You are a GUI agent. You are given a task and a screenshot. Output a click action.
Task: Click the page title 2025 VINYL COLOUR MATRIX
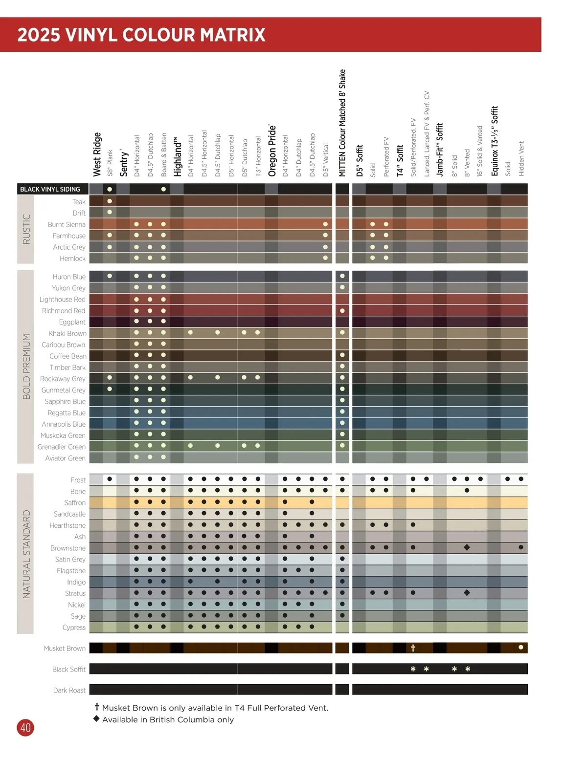pos(141,35)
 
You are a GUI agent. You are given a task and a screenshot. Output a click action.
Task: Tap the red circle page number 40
pos(25,728)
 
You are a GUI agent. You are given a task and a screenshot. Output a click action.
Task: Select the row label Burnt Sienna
pos(67,224)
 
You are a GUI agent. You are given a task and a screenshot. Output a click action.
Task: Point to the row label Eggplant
pos(72,322)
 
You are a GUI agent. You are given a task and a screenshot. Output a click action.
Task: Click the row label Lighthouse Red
pos(63,299)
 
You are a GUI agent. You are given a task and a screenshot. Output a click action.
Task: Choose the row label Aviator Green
pos(65,458)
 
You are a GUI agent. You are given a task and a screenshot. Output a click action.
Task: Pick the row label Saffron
pos(75,502)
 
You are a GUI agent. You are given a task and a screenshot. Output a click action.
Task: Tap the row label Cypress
pos(74,628)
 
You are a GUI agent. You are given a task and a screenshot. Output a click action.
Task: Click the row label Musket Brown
pos(65,649)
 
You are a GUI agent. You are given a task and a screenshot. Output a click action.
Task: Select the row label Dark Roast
pos(69,690)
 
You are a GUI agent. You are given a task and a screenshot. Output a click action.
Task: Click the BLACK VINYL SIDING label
pos(50,189)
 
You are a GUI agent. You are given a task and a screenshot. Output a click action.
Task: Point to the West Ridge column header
pos(97,154)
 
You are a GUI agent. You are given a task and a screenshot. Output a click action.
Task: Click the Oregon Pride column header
pos(272,150)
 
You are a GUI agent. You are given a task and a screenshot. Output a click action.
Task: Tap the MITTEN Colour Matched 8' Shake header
pos(342,123)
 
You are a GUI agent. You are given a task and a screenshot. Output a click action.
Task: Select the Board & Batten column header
pos(164,154)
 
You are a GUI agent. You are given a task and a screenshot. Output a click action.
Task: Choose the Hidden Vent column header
pos(521,158)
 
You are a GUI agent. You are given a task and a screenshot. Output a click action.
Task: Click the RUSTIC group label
pos(26,229)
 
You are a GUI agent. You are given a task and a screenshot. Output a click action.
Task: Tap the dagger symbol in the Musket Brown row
pos(413,648)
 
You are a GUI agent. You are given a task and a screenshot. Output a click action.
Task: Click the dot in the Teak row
pos(110,201)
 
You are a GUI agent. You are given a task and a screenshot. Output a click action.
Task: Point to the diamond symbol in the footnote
pos(96,718)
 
